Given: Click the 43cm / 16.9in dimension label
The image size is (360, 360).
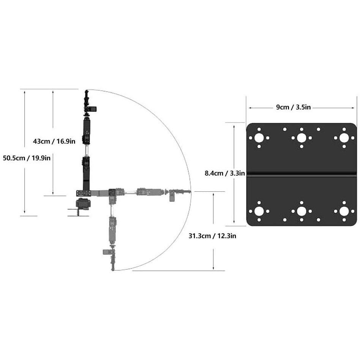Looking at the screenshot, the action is [54, 141].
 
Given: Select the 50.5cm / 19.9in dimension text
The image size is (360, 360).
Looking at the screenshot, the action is [27, 158].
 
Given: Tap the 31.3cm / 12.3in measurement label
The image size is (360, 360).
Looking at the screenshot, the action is [212, 236].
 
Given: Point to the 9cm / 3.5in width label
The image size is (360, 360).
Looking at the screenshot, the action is [294, 107].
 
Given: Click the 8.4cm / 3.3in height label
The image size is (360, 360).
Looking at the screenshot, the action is [225, 173].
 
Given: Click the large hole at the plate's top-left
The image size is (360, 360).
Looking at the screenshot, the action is [259, 138].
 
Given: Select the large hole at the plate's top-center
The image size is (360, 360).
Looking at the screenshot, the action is [302, 138].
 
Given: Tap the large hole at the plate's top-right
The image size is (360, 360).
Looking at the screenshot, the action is [344, 138].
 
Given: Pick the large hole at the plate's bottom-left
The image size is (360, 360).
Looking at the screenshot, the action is [259, 211].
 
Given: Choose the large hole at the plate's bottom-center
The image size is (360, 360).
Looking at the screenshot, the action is [302, 211].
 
